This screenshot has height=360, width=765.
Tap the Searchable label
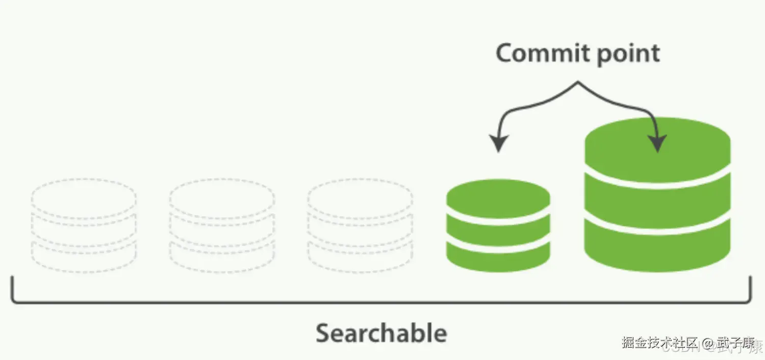coord(381,333)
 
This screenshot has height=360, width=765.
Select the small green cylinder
coord(498,225)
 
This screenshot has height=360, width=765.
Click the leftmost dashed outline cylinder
coord(84,225)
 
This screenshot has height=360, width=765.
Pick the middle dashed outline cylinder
coord(222,225)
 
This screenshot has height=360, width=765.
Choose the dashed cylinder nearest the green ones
coord(360,225)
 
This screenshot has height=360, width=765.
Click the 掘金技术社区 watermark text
coord(659,343)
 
